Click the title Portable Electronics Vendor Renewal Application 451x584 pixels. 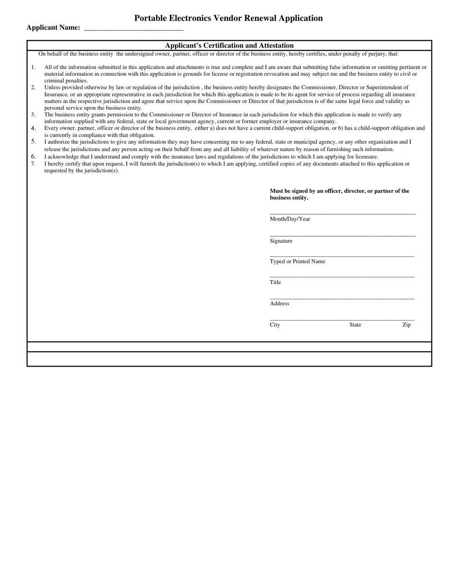(x=228, y=18)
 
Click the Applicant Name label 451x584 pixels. (x=53, y=28)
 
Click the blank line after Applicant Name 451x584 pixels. (x=133, y=29)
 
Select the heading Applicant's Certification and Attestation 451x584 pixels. (x=229, y=46)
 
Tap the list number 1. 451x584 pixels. (x=33, y=67)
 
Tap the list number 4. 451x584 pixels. (x=33, y=128)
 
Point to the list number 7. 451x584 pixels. (x=33, y=164)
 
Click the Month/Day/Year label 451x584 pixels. (x=290, y=219)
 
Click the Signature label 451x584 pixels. (x=281, y=241)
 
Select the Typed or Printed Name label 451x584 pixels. (x=297, y=262)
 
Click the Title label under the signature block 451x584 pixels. (x=275, y=283)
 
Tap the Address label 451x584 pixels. (x=279, y=303)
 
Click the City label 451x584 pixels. (x=275, y=325)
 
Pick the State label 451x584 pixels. (x=355, y=325)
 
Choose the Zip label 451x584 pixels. (x=406, y=325)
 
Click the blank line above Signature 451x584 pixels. (x=342, y=235)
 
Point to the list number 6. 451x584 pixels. (x=33, y=157)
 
